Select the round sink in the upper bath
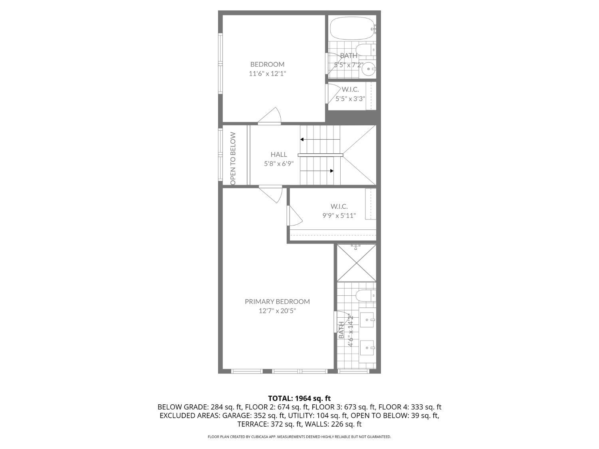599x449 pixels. (x=368, y=69)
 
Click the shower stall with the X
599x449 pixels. (x=356, y=263)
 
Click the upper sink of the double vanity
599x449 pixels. (x=367, y=319)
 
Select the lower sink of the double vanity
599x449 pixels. (x=367, y=348)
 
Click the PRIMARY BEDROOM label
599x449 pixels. (x=277, y=301)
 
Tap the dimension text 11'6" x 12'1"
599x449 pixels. (x=267, y=73)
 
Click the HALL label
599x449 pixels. (x=278, y=154)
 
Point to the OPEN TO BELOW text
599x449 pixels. (x=233, y=158)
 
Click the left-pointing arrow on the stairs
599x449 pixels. (x=302, y=139)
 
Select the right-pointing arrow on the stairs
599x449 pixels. (x=331, y=171)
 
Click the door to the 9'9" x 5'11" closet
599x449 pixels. (x=294, y=216)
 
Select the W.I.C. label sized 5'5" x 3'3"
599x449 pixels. (x=350, y=89)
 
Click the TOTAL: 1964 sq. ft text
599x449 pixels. (x=299, y=398)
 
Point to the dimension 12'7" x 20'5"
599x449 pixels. (x=277, y=311)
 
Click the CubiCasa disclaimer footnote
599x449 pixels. (x=299, y=437)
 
